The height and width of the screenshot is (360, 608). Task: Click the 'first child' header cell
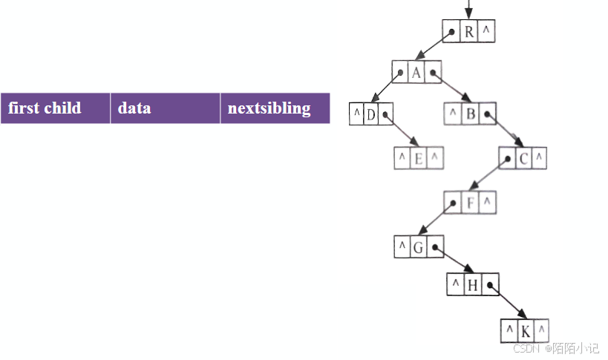tap(55, 108)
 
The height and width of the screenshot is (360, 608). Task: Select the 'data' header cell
tap(165, 108)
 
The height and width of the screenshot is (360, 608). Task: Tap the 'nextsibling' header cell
tap(275, 108)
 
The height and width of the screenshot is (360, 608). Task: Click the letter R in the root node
tap(469, 31)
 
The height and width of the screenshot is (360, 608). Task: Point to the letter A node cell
tap(416, 72)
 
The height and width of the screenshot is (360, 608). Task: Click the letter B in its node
tap(471, 114)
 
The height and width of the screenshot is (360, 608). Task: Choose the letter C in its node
tap(523, 158)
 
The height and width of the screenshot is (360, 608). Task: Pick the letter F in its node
tap(470, 201)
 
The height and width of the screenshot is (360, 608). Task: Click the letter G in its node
tap(418, 246)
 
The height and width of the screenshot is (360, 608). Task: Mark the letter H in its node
tap(472, 284)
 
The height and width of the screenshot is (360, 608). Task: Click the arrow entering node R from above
tap(468, 10)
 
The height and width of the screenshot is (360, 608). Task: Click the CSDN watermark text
tap(556, 348)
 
